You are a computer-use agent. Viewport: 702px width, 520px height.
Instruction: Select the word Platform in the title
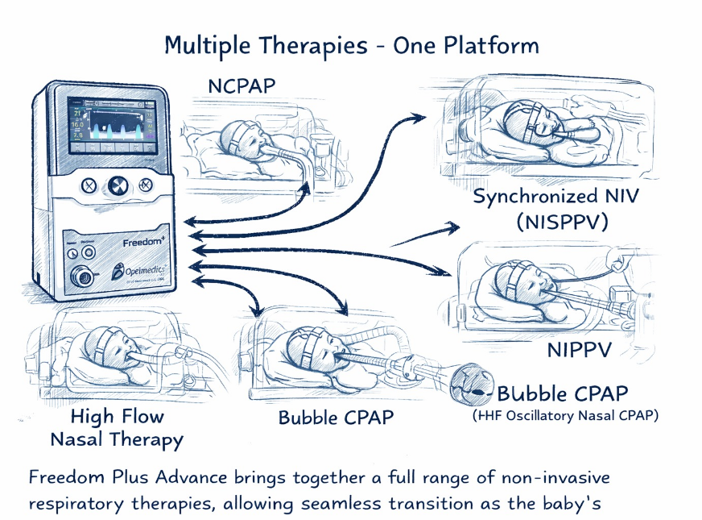(499, 44)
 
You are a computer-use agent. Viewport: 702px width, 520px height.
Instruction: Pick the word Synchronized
(528, 196)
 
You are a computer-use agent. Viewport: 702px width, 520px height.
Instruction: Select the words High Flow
(117, 417)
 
